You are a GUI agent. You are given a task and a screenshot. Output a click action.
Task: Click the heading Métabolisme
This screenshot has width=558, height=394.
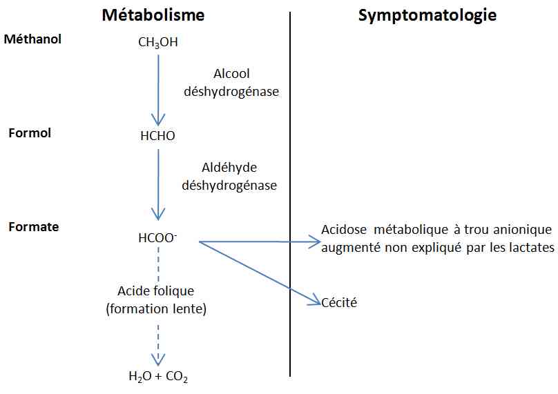click(x=153, y=14)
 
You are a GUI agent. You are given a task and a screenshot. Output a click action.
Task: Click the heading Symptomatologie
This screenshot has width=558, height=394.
click(x=427, y=14)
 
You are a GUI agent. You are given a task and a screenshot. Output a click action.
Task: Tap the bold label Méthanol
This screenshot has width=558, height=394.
click(x=32, y=39)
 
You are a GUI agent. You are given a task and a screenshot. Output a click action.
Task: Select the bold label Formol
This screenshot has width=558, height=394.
click(x=30, y=132)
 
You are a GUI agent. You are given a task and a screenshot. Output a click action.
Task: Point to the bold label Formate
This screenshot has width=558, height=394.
click(x=33, y=226)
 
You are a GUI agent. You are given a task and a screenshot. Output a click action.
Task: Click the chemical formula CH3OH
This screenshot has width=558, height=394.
click(x=158, y=43)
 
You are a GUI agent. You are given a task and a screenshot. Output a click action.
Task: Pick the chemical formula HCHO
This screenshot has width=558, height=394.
click(x=157, y=136)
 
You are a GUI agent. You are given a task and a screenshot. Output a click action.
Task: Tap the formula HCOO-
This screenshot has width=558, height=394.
click(x=157, y=239)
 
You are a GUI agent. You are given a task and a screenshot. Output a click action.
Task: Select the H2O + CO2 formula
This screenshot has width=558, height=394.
click(x=158, y=377)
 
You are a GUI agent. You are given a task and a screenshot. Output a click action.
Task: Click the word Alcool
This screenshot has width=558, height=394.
click(x=232, y=74)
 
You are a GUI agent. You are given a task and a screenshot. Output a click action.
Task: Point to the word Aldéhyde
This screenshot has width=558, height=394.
click(x=230, y=168)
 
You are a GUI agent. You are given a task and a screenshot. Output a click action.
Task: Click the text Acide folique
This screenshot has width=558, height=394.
click(x=156, y=291)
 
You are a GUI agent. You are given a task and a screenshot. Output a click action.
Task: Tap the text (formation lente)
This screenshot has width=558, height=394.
click(x=156, y=309)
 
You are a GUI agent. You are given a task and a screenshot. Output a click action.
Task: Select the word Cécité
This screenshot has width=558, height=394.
click(x=339, y=302)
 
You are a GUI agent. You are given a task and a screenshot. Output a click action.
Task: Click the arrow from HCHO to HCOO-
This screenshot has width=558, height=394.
click(x=159, y=183)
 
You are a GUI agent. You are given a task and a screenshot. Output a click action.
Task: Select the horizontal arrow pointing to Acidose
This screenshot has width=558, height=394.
click(x=259, y=242)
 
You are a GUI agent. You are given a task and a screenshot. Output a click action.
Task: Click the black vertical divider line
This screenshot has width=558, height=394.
click(x=290, y=193)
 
